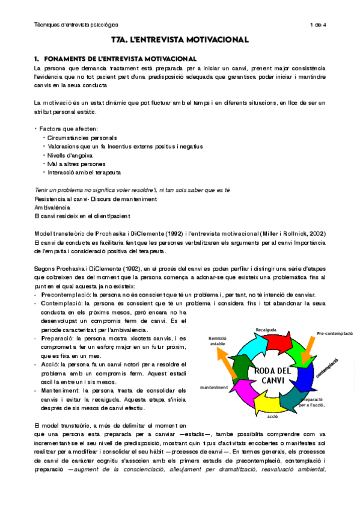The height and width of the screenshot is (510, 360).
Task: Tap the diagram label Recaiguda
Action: pos(266,330)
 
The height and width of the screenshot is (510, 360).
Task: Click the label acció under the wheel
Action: pos(272,416)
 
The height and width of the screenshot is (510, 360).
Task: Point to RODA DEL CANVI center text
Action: pos(272,374)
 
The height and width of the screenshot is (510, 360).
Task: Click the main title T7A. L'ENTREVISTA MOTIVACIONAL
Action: pos(180,40)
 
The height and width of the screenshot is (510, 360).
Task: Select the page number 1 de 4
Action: pos(317,25)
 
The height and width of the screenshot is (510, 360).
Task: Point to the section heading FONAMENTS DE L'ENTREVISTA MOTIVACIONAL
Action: pos(120,59)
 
